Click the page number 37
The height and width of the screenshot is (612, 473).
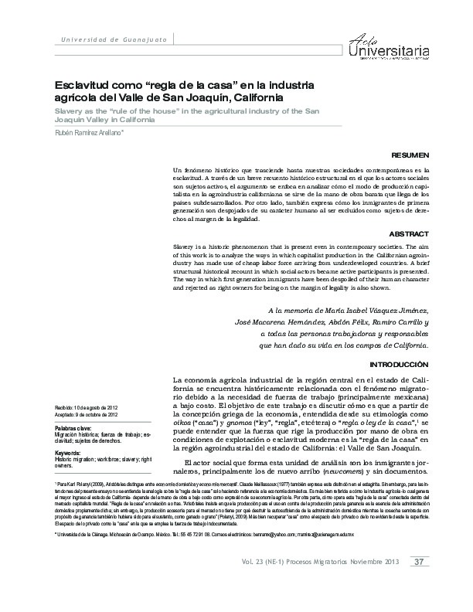(418, 583)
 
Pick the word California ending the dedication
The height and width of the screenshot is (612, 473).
(397, 345)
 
